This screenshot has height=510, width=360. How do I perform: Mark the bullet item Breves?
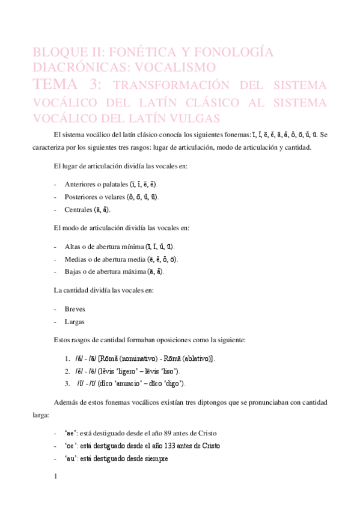[x=75, y=309]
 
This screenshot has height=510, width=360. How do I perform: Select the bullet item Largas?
[x=75, y=321]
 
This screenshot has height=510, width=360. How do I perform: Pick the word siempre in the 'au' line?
[x=155, y=458]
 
